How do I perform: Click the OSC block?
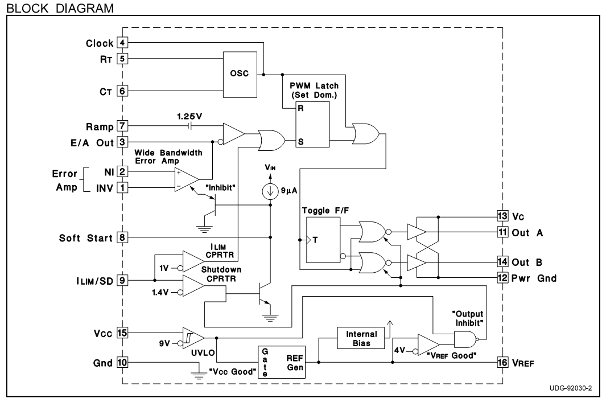pos(240,74)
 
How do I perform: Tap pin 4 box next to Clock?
pos(122,43)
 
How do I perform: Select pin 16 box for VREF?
pos(502,362)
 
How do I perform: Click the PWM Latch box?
pos(312,124)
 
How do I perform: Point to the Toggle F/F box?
pos(323,240)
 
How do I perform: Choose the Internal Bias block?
pos(361,338)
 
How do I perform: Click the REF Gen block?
pos(282,362)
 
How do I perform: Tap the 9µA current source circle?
pos(270,191)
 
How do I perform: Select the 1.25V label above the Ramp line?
pos(189,117)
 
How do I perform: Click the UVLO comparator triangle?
pos(193,338)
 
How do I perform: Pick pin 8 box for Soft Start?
pos(122,237)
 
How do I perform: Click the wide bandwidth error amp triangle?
pos(187,179)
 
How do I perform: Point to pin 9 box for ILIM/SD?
pos(122,280)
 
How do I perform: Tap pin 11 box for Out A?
pos(502,232)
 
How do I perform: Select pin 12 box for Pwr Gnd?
pos(502,277)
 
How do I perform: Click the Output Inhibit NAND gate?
pos(465,340)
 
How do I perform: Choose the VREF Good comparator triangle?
pos(428,344)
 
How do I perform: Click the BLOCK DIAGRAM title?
pos(60,8)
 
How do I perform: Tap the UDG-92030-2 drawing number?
pos(571,388)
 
